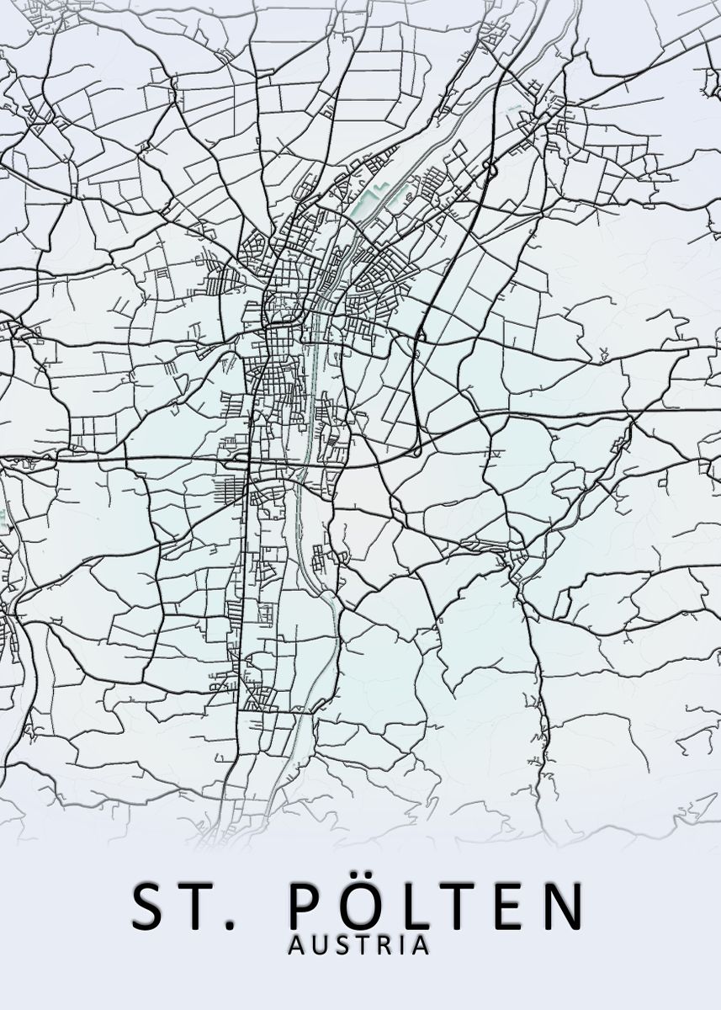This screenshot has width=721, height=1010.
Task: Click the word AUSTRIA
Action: coord(359,945)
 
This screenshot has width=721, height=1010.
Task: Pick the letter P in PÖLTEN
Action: coord(305,906)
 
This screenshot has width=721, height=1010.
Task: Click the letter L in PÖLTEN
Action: coord(413,906)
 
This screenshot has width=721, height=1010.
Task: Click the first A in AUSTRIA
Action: coord(296,945)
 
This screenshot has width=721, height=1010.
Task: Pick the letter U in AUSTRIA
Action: coord(318,945)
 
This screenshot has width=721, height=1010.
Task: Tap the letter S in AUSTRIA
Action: coord(339,945)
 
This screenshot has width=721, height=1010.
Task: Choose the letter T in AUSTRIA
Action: coord(358,945)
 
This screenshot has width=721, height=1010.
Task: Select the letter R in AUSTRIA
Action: coord(380,945)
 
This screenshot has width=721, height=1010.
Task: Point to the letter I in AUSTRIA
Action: coord(399,945)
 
